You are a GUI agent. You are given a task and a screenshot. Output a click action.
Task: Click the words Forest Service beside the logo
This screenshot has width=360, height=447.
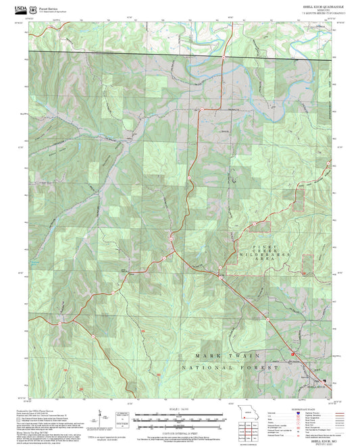click(x=49, y=7)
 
